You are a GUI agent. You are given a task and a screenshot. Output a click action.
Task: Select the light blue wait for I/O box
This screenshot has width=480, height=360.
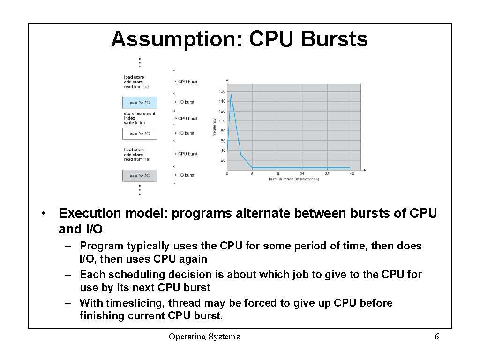click(x=140, y=102)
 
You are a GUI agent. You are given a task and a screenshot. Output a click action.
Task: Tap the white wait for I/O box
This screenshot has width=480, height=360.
click(x=140, y=134)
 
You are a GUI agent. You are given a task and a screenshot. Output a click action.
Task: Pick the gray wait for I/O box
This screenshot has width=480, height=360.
click(x=140, y=176)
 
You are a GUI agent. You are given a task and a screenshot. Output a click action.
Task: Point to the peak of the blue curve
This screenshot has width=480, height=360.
click(x=231, y=95)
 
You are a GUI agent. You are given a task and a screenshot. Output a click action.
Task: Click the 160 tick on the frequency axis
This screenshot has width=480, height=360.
click(x=222, y=91)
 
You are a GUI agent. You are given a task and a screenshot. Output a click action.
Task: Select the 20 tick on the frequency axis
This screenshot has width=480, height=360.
click(x=222, y=160)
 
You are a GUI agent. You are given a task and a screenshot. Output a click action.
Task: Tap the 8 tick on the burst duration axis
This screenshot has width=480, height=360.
click(x=252, y=174)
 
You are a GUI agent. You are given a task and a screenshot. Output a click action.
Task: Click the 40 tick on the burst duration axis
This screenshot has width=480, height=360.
click(x=352, y=174)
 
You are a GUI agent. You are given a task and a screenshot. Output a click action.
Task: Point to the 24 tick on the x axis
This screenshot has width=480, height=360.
click(x=302, y=174)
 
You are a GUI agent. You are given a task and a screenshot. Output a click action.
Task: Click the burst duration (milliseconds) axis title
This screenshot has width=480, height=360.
click(x=293, y=179)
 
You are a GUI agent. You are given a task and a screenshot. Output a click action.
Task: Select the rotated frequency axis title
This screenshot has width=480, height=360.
click(x=214, y=127)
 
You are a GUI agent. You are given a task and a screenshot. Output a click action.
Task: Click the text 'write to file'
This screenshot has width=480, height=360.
click(x=135, y=123)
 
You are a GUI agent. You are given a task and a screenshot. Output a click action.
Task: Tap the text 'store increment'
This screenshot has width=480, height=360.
click(x=139, y=113)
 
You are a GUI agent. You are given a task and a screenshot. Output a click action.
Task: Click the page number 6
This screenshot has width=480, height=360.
click(x=436, y=337)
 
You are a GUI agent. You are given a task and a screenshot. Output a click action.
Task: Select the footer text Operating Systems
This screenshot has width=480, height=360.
click(x=204, y=337)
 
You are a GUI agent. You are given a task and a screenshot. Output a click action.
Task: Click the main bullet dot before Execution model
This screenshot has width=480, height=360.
click(x=43, y=214)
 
